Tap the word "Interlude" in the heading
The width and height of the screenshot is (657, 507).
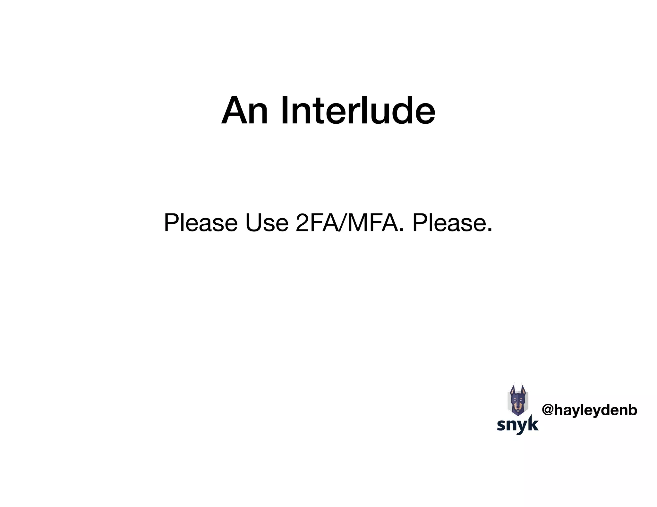click(358, 111)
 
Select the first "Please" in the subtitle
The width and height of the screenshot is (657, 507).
click(201, 223)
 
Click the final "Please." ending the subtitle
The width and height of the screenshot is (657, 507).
click(452, 223)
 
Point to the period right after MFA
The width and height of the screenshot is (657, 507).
click(402, 230)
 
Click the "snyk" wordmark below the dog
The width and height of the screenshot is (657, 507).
click(518, 425)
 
